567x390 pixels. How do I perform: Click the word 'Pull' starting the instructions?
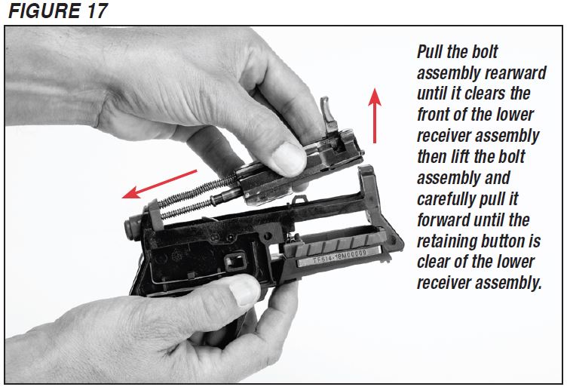tap(431, 52)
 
